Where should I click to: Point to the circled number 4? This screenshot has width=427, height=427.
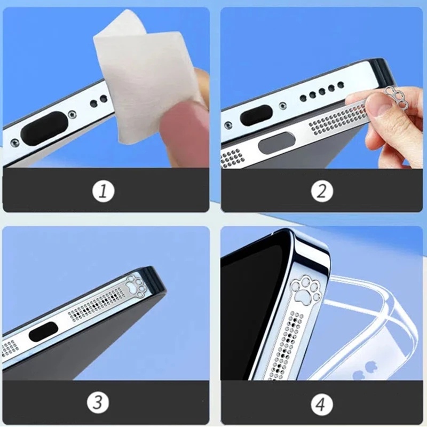point(320,404)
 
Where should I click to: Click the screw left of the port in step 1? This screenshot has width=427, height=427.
point(15,143)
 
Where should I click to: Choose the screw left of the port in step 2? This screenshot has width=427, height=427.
point(228,125)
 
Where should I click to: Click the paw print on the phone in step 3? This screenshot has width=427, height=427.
point(137,287)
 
